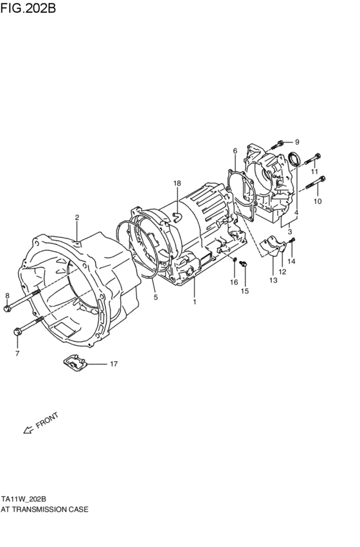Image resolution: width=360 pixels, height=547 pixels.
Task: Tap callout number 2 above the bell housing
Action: coord(76,217)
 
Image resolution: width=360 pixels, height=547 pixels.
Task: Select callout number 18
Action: coord(177,184)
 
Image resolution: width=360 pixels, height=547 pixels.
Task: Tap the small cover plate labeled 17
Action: coord(75,363)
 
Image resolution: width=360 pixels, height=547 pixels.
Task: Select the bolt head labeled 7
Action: coord(17,332)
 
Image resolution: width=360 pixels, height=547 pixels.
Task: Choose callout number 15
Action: coord(244,292)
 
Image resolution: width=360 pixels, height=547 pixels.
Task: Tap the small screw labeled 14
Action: coord(292,242)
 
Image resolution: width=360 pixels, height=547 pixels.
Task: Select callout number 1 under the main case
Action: coord(194,301)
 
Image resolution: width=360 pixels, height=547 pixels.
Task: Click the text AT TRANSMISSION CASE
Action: coord(44,508)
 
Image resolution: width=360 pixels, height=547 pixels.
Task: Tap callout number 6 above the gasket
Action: coord(235,151)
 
